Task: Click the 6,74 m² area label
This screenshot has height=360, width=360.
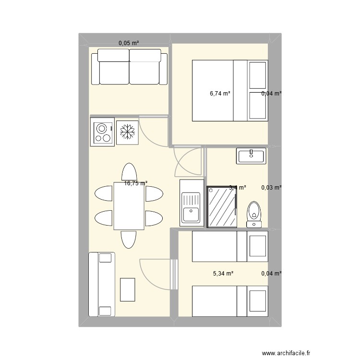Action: [x=220, y=94]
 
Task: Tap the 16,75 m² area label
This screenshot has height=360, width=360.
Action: [x=136, y=183]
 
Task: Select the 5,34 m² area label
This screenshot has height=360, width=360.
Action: [x=223, y=274]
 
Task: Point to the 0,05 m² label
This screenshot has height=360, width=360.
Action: [x=129, y=43]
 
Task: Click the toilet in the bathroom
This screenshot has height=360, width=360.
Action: [x=254, y=215]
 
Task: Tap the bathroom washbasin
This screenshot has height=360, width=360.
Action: [x=250, y=156]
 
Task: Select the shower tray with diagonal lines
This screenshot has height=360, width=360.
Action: [x=222, y=207]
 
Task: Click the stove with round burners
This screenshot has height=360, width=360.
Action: [x=102, y=132]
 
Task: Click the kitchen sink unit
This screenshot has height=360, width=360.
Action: [x=191, y=202]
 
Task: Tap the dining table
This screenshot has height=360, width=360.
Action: [x=129, y=206]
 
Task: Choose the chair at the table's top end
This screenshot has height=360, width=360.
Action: [x=129, y=172]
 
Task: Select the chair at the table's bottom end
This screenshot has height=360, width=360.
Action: [x=129, y=239]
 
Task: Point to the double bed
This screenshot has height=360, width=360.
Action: [x=229, y=90]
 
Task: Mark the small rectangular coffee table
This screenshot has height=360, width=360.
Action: [x=128, y=289]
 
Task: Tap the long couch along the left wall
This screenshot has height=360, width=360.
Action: [x=102, y=284]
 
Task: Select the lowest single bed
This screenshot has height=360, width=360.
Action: [x=229, y=301]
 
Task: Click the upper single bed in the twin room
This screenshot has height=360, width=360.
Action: [x=229, y=246]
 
